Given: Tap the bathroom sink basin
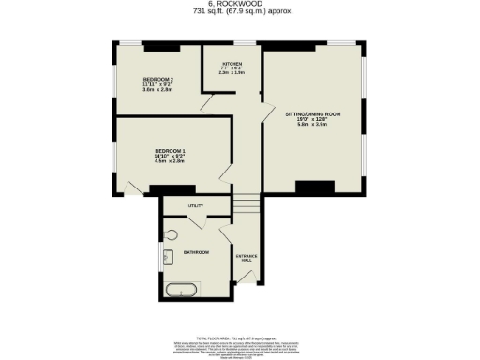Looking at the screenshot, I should (169, 257).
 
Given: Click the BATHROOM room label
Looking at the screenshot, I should (196, 253).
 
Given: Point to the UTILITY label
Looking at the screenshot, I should (195, 205).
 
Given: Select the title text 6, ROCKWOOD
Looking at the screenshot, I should (240, 5).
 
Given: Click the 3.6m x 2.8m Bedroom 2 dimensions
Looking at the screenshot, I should (157, 91).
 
